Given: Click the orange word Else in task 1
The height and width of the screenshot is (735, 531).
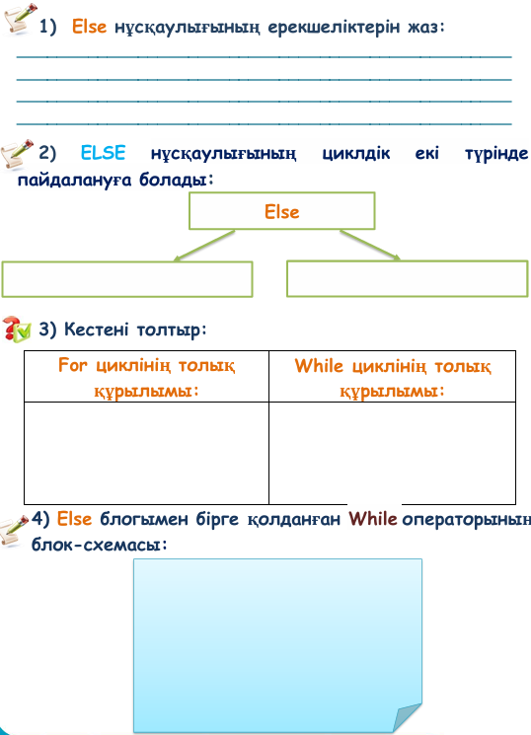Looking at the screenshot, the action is click(x=89, y=27).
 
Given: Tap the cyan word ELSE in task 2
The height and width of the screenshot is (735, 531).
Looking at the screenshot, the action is click(x=104, y=153).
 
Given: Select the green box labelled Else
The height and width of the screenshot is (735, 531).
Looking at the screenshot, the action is click(x=282, y=211).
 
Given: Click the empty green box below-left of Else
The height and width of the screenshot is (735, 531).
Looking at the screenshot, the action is click(x=127, y=279).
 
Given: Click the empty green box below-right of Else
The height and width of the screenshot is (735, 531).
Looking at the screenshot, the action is click(x=408, y=279).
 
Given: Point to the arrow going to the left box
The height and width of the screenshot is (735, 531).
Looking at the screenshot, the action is click(x=203, y=245).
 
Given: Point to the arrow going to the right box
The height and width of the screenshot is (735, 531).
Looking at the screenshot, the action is click(x=370, y=245).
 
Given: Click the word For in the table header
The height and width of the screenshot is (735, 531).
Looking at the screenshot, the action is click(x=73, y=365).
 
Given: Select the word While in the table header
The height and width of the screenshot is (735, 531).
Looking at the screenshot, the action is click(x=319, y=366).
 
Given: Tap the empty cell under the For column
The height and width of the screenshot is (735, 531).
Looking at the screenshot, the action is click(x=146, y=453).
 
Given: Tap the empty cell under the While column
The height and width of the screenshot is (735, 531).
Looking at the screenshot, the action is click(x=392, y=453).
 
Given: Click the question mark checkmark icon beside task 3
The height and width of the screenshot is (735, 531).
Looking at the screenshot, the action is click(x=17, y=330).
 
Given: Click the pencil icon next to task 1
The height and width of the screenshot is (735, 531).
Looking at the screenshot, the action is click(x=20, y=19).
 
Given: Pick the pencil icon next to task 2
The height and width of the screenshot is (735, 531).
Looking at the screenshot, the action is click(x=17, y=153).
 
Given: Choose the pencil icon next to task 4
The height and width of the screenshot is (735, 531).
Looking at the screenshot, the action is click(x=14, y=530).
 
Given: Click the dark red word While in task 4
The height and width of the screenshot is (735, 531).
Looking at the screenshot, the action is click(x=373, y=519).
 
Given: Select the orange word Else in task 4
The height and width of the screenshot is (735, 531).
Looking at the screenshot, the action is click(x=74, y=519).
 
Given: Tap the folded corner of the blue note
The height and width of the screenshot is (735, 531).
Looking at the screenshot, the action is click(x=407, y=718).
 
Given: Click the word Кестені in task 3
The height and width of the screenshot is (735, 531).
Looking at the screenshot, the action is click(x=96, y=330).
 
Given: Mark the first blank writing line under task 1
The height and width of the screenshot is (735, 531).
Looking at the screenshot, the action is click(x=265, y=56).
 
